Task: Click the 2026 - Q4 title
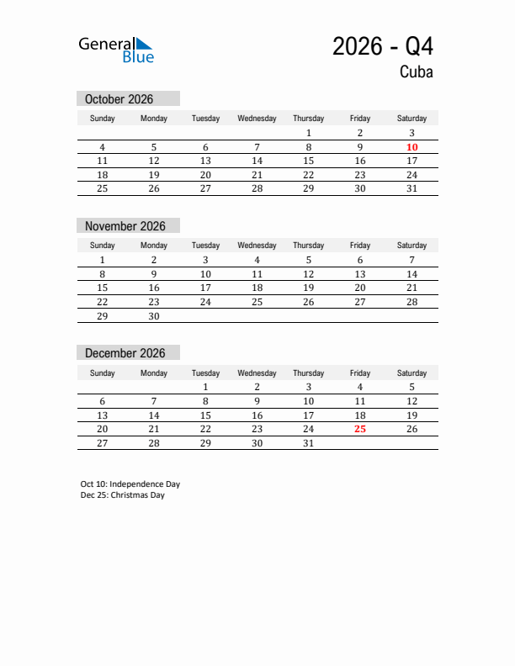383,46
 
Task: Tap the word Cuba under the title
417,72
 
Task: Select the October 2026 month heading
119,99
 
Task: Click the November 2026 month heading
125,226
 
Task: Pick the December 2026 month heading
125,353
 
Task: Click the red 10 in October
411,147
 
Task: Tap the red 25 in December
360,429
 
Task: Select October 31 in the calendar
411,188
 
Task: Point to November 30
154,316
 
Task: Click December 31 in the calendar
309,443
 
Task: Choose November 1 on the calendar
103,260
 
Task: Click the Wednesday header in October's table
257,119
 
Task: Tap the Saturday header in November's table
411,246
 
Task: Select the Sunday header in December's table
103,373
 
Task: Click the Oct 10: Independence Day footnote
130,484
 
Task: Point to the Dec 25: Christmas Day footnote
123,495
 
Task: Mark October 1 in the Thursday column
309,133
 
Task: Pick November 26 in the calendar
309,302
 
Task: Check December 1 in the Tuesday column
205,387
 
